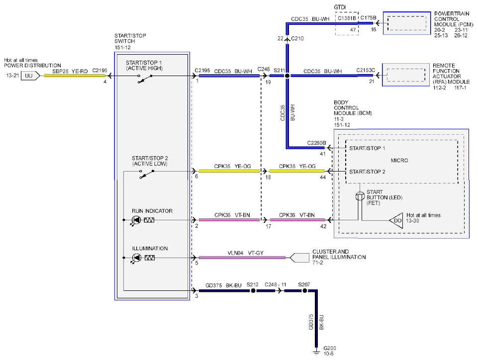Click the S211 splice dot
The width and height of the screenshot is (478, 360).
point(287,76)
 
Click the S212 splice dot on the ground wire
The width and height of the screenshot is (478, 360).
point(253,291)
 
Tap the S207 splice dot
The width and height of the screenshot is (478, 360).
point(304,291)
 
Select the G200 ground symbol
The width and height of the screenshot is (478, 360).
point(317,352)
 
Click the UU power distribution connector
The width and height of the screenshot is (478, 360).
point(30,76)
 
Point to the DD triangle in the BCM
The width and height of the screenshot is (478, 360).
point(396,220)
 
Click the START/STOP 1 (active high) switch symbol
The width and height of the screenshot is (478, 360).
point(145,79)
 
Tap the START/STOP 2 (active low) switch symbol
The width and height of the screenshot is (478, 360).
point(147,174)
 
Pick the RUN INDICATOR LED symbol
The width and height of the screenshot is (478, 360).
point(136,220)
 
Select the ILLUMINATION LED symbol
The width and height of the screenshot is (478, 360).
point(136,258)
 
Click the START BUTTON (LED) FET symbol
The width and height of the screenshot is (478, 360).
point(360,196)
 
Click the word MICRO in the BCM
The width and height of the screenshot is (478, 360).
point(399,160)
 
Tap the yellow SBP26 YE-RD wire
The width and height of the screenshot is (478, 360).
point(75,76)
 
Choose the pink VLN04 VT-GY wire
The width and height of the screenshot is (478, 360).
point(242,258)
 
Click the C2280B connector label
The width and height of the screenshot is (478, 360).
point(316,143)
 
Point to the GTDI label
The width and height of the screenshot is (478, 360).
point(340,7)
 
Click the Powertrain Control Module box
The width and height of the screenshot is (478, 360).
point(407,23)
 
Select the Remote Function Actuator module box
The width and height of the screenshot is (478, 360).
point(406,75)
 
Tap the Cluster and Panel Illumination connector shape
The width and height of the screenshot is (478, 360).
point(299,258)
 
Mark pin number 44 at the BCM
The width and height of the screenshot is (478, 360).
point(323,177)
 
